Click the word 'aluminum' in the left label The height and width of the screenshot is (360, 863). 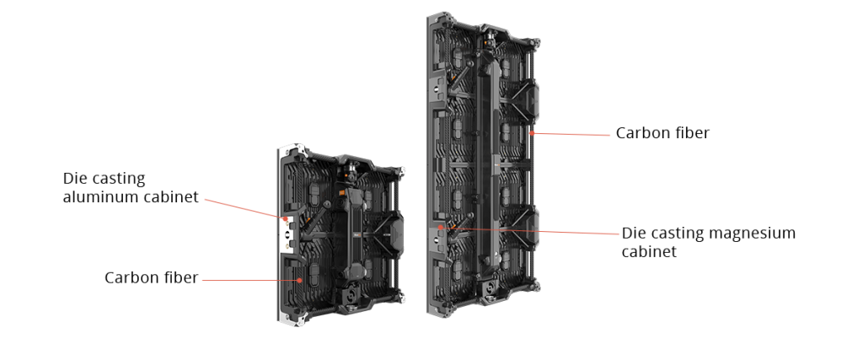pyautogui.click(x=101, y=196)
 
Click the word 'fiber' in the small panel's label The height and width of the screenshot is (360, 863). pyautogui.click(x=181, y=277)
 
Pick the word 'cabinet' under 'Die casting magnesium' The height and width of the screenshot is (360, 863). pyautogui.click(x=649, y=251)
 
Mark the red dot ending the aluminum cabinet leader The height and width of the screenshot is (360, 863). pyautogui.click(x=285, y=218)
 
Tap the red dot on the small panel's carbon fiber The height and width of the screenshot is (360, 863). pyautogui.click(x=300, y=280)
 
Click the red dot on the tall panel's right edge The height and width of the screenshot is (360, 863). pyautogui.click(x=532, y=132)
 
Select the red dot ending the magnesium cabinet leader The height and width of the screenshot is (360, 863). pyautogui.click(x=440, y=227)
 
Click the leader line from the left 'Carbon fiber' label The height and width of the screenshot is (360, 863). pyautogui.click(x=251, y=280)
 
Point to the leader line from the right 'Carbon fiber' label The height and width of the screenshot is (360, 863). pyautogui.click(x=571, y=134)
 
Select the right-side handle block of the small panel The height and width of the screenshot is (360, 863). pyautogui.click(x=396, y=233)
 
